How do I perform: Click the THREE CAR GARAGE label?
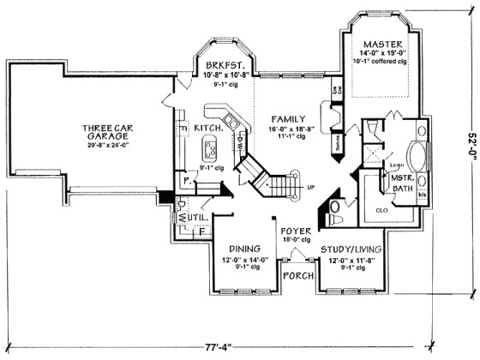click(105, 134)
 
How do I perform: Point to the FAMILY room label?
click(283, 117)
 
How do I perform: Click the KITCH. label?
click(209, 127)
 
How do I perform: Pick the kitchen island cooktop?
click(209, 147)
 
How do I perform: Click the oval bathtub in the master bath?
click(420, 158)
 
